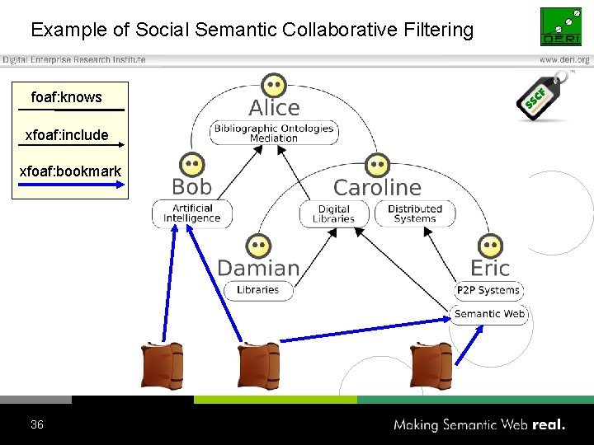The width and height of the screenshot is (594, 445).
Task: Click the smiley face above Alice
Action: pyautogui.click(x=273, y=85)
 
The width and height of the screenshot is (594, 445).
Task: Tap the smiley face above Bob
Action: pyautogui.click(x=192, y=164)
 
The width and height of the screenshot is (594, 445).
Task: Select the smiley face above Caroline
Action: pyautogui.click(x=376, y=165)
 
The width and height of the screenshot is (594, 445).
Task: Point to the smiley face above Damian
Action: pyautogui.click(x=258, y=246)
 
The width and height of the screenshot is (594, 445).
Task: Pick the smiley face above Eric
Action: pyautogui.click(x=490, y=246)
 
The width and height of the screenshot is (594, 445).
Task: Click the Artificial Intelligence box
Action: pyautogui.click(x=192, y=213)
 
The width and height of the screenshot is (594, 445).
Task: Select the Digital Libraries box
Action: pyautogui.click(x=334, y=213)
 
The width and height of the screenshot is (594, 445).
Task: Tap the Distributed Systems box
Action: pyautogui.click(x=414, y=213)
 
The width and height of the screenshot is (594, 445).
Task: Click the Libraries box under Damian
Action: pyautogui.click(x=258, y=290)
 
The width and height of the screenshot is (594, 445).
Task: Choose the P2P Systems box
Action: pyautogui.click(x=489, y=290)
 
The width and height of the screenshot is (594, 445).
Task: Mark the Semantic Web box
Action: pyautogui.click(x=489, y=313)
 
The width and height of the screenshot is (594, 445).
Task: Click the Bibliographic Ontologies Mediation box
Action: pyautogui.click(x=274, y=133)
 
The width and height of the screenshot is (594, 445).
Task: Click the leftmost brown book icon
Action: pyautogui.click(x=162, y=365)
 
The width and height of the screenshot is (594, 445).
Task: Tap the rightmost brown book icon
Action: pyautogui.click(x=431, y=365)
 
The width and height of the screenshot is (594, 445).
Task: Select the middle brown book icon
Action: pyautogui.click(x=258, y=365)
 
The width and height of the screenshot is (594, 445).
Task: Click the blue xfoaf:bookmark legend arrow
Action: pyautogui.click(x=71, y=185)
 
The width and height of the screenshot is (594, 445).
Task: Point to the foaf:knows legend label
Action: pyautogui.click(x=66, y=97)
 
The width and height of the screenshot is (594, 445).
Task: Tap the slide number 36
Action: pyautogui.click(x=36, y=425)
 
